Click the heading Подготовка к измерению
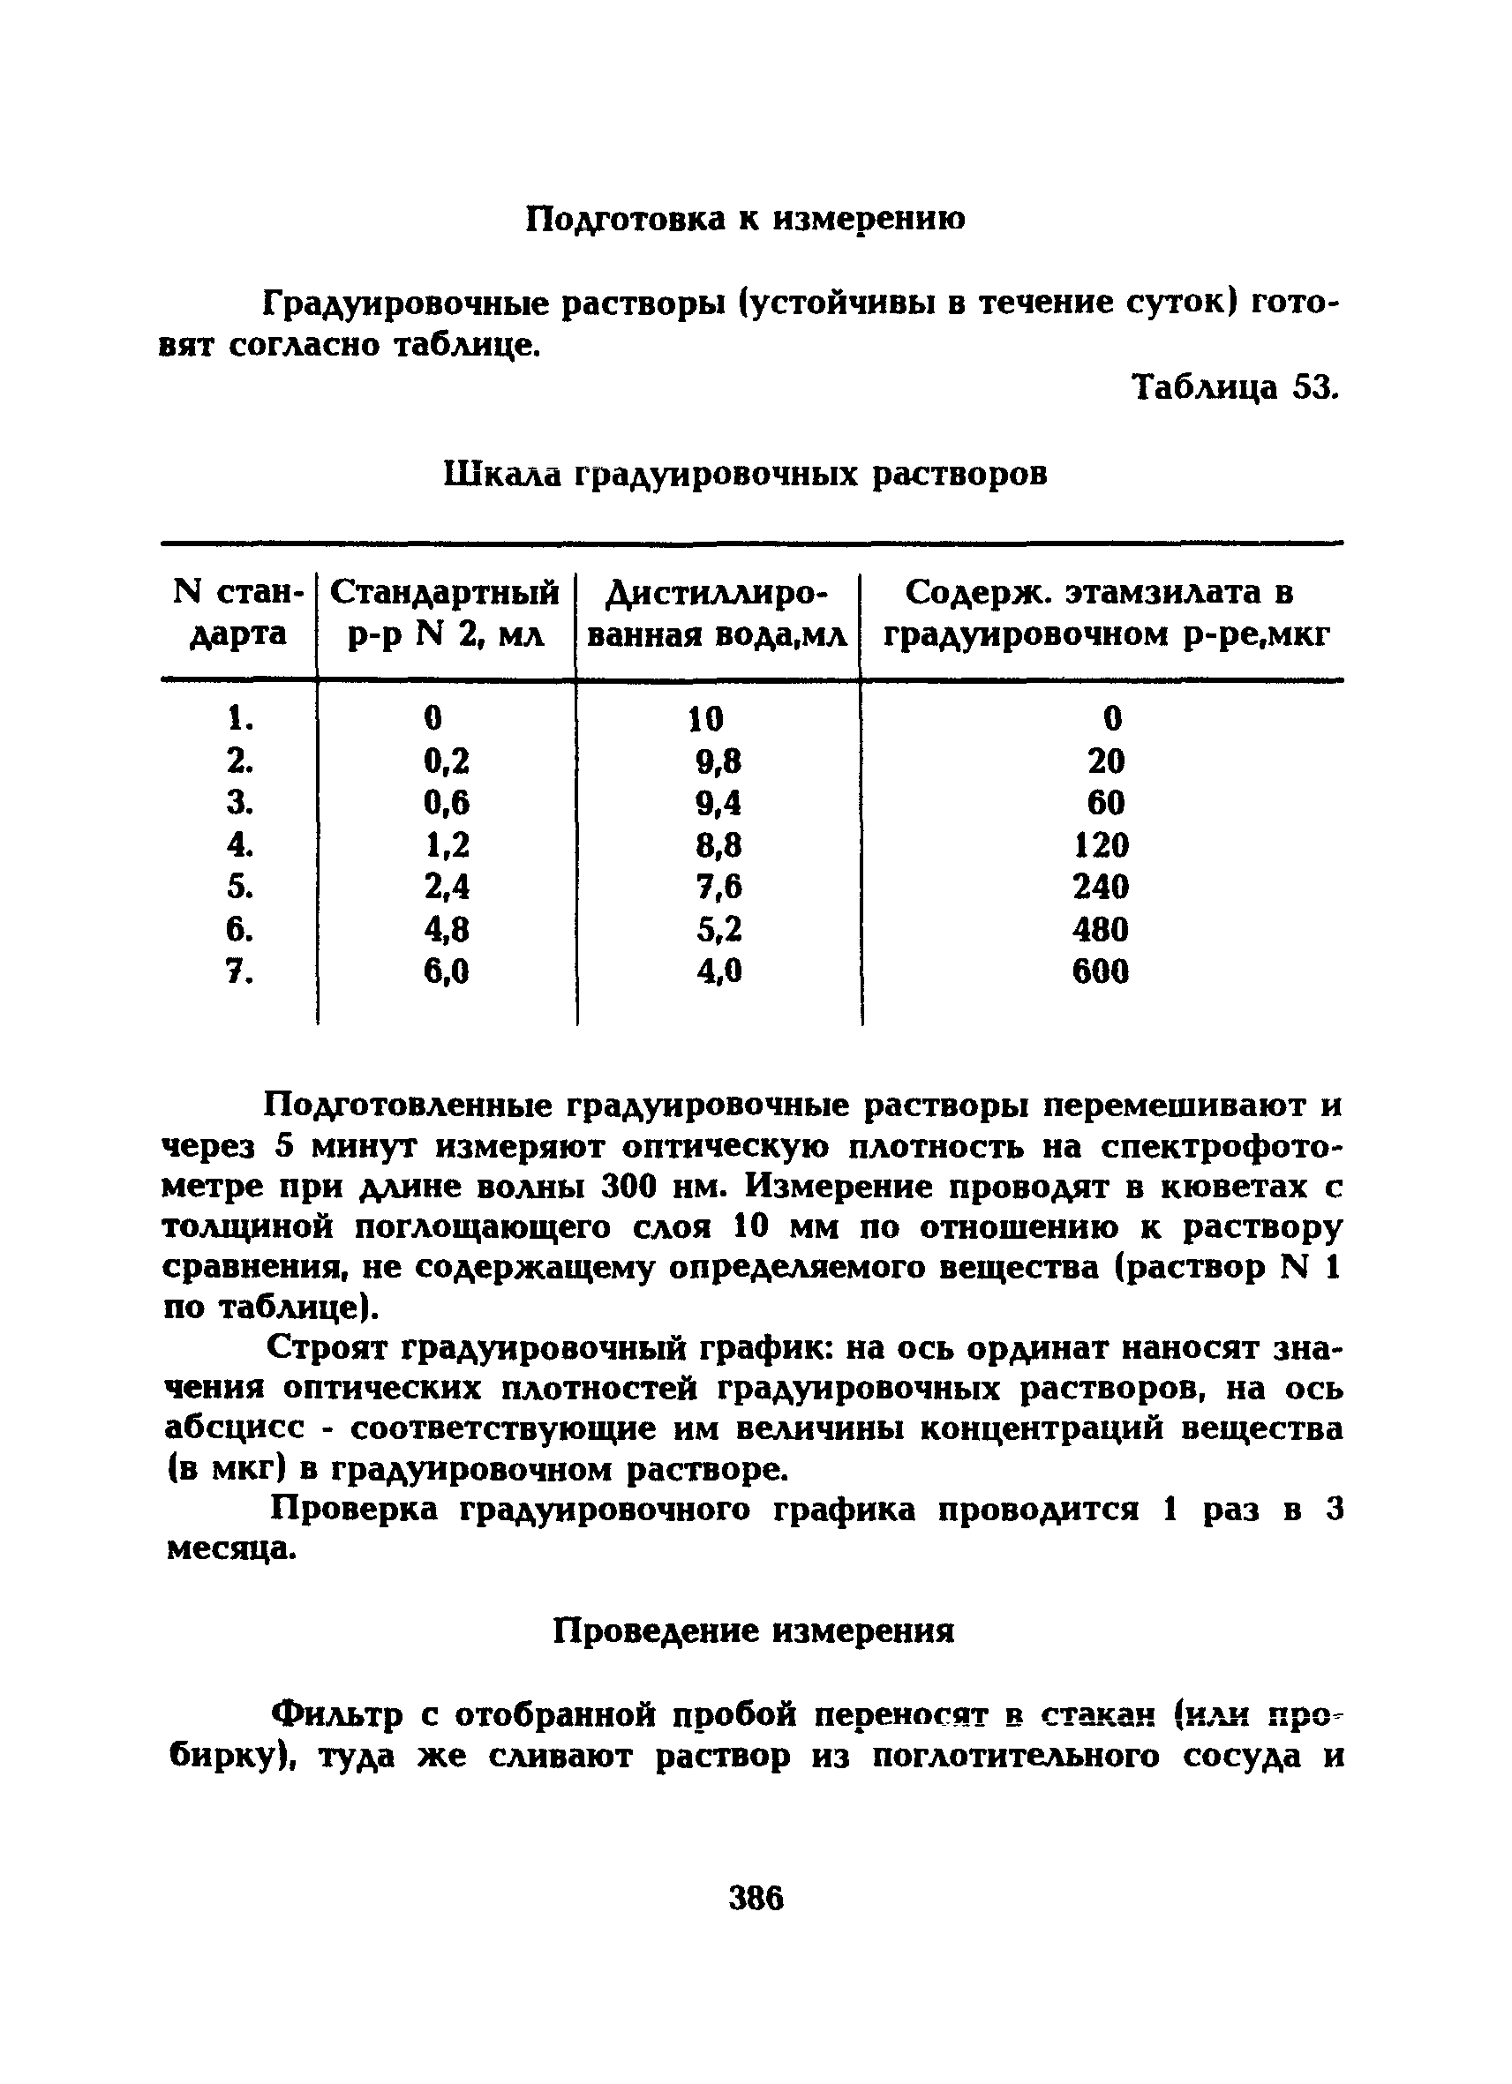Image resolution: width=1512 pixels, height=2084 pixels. coord(746,220)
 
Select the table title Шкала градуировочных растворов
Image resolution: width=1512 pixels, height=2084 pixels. coord(746,474)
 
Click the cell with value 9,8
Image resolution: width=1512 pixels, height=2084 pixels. coord(718,761)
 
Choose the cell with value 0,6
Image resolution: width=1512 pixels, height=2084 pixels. coord(447,803)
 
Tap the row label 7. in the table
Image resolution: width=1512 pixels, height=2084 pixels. coord(239,971)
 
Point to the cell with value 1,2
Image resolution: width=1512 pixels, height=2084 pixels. coord(447,844)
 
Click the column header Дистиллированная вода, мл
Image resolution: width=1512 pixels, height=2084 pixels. coord(717,614)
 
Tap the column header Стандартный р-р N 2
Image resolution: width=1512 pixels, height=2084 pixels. coord(445,614)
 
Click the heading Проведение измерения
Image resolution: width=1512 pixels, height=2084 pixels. coord(754,1631)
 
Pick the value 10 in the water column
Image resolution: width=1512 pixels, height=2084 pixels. coord(706,718)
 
